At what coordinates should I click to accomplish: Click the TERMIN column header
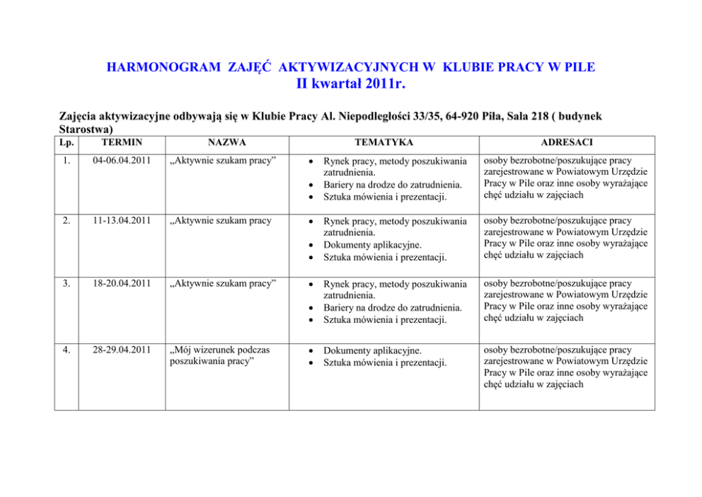tap(122, 143)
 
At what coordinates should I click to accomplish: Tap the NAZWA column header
tap(226, 143)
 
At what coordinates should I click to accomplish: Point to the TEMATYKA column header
tap(384, 143)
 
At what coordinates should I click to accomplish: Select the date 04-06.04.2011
tap(122, 161)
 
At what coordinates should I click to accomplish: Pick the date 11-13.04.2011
tap(122, 221)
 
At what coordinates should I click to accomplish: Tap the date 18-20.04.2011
tap(122, 285)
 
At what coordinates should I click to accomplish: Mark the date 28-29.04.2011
tap(122, 350)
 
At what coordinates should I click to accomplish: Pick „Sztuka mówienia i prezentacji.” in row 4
tap(385, 363)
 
